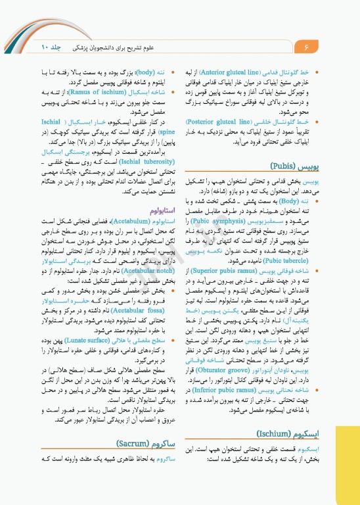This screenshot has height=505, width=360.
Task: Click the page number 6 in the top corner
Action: (306, 48)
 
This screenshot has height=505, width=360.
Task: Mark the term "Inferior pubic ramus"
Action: (240, 390)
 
